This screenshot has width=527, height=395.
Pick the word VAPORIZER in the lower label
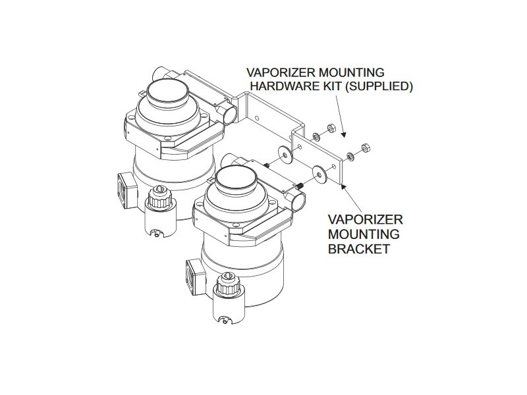click(x=365, y=219)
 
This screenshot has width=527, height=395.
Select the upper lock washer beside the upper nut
click(x=317, y=137)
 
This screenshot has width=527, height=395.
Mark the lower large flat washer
click(x=319, y=174)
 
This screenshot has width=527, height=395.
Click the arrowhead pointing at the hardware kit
click(x=345, y=137)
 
